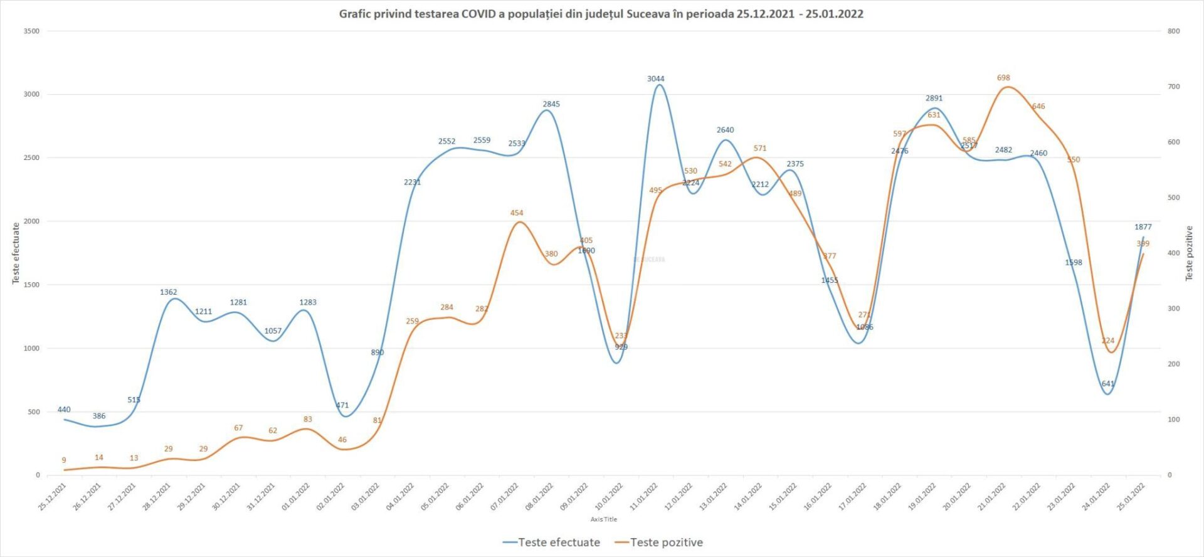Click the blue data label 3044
coord(655,79)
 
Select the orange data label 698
coord(1003,78)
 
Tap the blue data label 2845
coord(551,104)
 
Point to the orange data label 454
coord(516,213)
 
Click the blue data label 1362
coord(168,292)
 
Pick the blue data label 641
coord(1108,384)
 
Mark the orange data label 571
coord(760,149)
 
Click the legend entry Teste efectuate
coord(558,543)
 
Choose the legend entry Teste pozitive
coord(666,543)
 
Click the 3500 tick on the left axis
coord(31,31)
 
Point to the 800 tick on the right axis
coord(1173,31)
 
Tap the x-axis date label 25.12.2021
coord(53,497)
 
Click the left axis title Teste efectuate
coord(16,253)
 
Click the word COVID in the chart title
coord(478,14)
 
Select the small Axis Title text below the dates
coord(603,519)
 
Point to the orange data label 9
coord(64,460)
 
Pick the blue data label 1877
coord(1143,227)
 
